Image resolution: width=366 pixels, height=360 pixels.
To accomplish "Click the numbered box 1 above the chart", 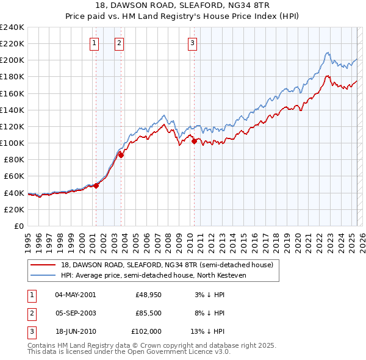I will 95,43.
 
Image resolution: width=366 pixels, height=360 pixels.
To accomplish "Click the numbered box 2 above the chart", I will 118,43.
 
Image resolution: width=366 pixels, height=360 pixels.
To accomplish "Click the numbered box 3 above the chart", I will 192,43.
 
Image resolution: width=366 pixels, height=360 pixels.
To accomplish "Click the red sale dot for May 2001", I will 96,185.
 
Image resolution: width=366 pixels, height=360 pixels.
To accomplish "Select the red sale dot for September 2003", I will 121,155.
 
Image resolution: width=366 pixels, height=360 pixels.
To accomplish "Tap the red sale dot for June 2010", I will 195,142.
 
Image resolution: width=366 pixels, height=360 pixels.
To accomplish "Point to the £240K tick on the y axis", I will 12,27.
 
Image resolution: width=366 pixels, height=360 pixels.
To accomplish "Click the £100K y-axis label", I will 12,143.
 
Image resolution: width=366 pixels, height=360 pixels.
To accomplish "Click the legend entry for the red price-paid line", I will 170,265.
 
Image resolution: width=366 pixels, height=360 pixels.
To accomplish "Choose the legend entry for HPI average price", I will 162,275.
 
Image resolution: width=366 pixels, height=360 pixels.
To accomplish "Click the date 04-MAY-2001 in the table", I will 75,295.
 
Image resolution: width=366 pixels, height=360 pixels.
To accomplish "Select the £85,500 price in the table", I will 148,313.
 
